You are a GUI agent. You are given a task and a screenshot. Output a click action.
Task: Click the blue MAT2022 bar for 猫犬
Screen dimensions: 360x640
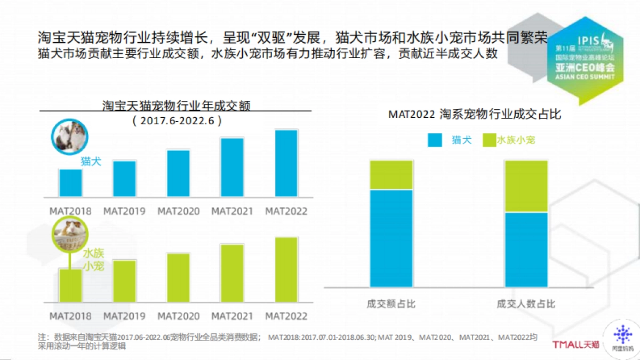click(286, 163)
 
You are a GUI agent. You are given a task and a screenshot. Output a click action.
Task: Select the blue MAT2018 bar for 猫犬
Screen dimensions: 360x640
click(70, 183)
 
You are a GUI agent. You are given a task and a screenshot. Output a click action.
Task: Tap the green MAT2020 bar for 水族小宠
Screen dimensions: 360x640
click(178, 277)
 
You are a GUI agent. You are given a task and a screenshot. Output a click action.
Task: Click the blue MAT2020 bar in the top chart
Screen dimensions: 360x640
click(178, 173)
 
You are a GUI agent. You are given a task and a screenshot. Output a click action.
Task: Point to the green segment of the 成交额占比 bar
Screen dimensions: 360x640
click(391, 175)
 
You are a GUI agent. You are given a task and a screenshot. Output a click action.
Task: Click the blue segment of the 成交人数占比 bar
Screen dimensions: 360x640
click(526, 250)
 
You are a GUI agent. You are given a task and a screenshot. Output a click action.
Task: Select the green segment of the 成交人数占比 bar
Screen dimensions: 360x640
click(526, 186)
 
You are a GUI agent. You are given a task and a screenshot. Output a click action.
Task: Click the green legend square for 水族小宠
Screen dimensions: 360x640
click(489, 140)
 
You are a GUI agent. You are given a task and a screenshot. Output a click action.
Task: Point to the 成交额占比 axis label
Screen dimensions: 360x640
click(391, 304)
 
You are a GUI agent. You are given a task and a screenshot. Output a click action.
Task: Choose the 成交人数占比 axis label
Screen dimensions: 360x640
click(526, 304)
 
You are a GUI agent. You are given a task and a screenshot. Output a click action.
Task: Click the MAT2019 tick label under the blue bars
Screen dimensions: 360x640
click(124, 211)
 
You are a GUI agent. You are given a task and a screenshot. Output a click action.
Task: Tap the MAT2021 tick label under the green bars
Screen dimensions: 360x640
click(232, 316)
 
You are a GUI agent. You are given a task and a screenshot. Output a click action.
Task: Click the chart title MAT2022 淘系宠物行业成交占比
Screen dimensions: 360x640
click(474, 114)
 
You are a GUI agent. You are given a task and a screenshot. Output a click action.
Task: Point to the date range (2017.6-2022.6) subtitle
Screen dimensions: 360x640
click(177, 121)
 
